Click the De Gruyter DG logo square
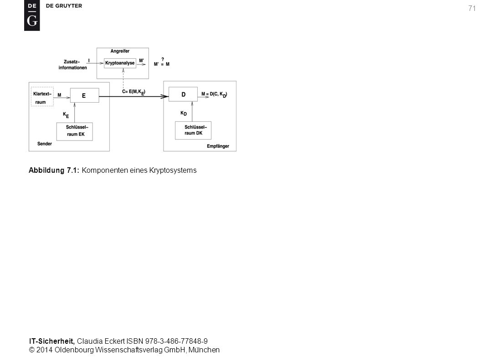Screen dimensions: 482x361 pyautogui.click(x=32, y=15)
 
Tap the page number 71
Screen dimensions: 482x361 pyautogui.click(x=472, y=8)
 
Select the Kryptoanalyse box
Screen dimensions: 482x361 pyautogui.click(x=120, y=63)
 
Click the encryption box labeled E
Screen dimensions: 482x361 pyautogui.click(x=85, y=95)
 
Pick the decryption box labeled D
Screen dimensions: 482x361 pyautogui.click(x=183, y=95)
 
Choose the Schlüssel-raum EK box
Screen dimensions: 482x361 pyautogui.click(x=75, y=131)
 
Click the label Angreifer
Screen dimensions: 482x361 pyautogui.click(x=120, y=51)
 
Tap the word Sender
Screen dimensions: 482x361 pyautogui.click(x=45, y=144)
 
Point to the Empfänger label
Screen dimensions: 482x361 pyautogui.click(x=218, y=146)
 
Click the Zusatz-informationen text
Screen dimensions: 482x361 pyautogui.click(x=73, y=65)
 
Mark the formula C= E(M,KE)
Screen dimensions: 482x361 pyautogui.click(x=134, y=92)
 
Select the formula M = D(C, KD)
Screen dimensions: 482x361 pyautogui.click(x=214, y=95)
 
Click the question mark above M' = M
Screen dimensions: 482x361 pyautogui.click(x=163, y=59)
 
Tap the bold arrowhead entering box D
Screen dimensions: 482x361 pyautogui.click(x=165, y=96)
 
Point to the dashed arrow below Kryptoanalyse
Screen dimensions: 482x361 pyautogui.click(x=123, y=79)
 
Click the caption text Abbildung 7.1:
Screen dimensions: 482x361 pyautogui.click(x=54, y=170)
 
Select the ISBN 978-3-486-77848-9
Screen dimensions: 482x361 pyautogui.click(x=167, y=341)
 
